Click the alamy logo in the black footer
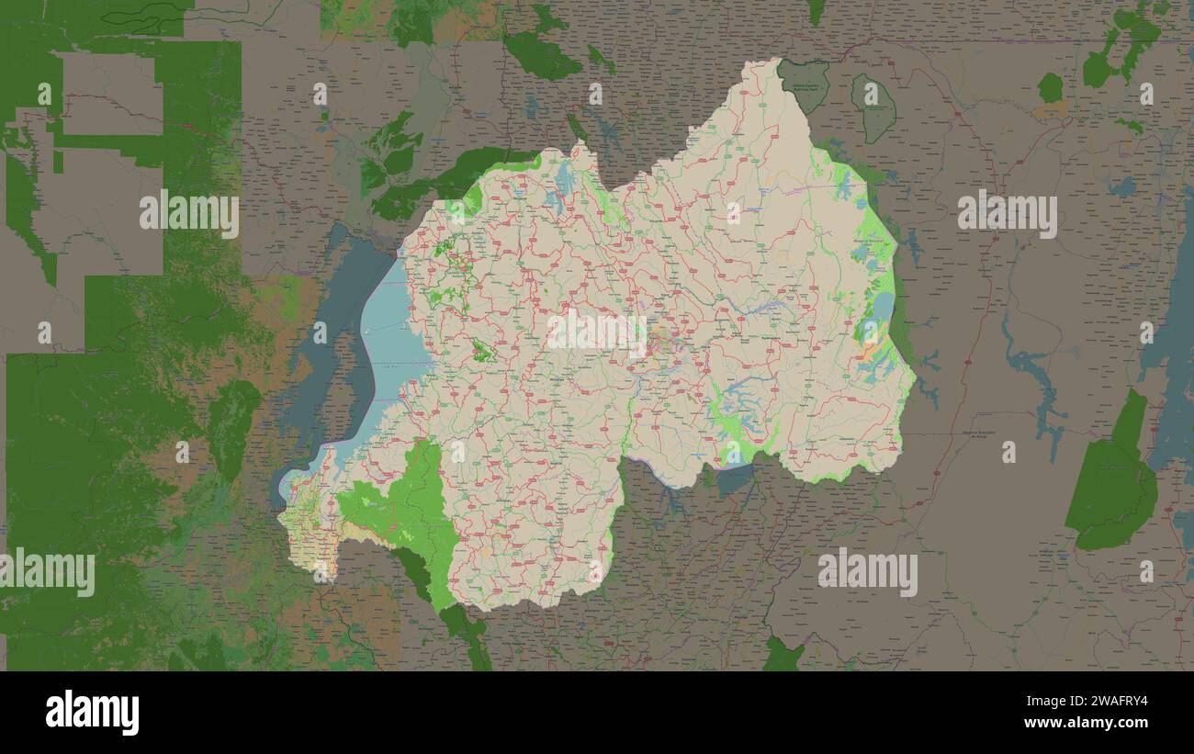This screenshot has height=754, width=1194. [93, 713]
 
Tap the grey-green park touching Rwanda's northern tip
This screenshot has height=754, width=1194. [804, 83]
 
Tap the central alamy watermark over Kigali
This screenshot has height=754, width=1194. [597, 333]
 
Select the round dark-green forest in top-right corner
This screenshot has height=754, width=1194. [1050, 87]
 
